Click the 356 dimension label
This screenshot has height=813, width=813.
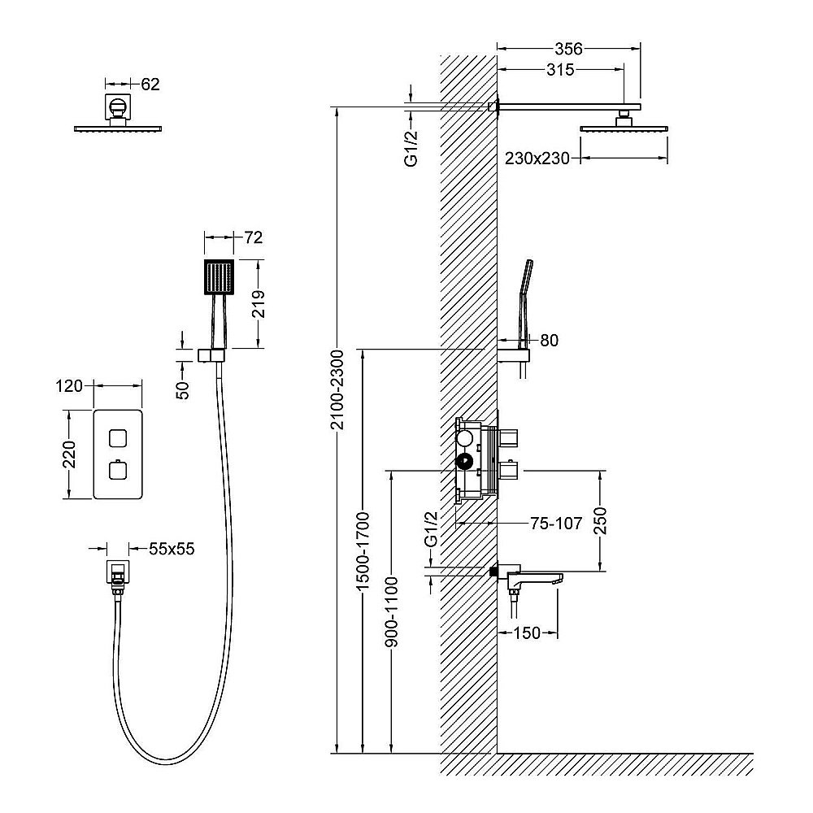coord(568,49)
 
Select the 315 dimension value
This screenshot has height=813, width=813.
coord(560,69)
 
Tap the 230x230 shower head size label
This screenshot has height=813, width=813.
coord(537,158)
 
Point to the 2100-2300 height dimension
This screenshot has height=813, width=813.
coord(337,390)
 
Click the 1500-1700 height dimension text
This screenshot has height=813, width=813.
coord(363,550)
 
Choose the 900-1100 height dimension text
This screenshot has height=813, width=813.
coord(392,612)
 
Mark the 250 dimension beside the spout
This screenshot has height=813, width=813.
coord(600,520)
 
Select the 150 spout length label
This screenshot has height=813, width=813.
coord(527,633)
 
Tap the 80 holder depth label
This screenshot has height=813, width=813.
coord(549,340)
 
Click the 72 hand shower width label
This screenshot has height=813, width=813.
coord(254,237)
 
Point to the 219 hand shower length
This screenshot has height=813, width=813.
coord(259,304)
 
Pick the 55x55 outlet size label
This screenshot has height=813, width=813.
coord(172,549)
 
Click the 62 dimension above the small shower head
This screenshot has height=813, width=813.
coord(150,84)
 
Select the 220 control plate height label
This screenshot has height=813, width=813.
coord(69,454)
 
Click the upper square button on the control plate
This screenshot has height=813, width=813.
coord(118,438)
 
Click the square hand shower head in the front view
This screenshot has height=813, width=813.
coord(220,278)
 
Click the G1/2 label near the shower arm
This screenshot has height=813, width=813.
coord(411,148)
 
